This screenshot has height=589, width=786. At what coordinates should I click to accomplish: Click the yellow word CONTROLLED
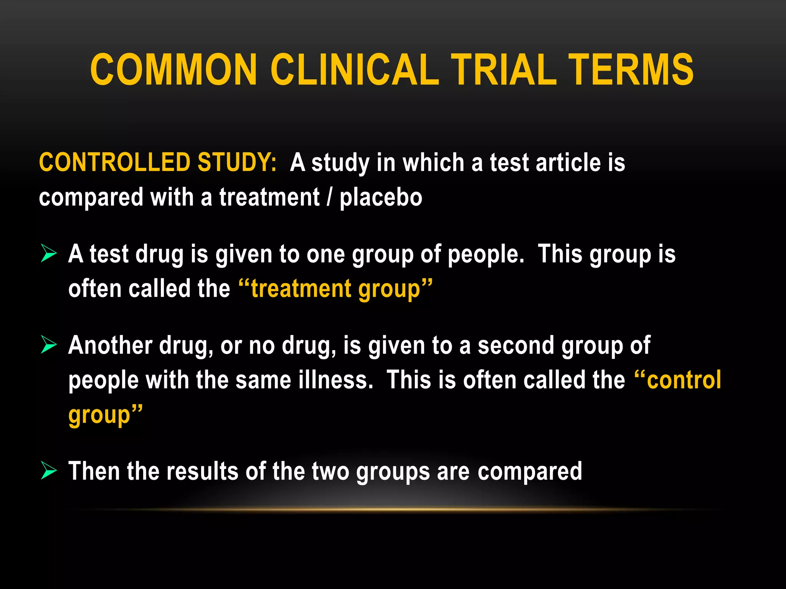pos(114,162)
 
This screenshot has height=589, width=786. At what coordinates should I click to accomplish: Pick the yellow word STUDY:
pos(237,162)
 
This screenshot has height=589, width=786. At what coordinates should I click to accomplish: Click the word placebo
pos(381,197)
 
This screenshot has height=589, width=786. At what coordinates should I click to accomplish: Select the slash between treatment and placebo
pos(329,197)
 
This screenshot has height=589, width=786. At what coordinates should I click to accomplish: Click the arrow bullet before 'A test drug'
pos(49,253)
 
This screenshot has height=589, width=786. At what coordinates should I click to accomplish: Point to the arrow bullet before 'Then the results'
pos(49,471)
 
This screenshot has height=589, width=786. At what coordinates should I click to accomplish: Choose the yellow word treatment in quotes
pos(301,288)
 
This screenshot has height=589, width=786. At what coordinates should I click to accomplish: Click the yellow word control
pos(684,380)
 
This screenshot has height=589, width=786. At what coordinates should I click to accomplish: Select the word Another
pos(110,345)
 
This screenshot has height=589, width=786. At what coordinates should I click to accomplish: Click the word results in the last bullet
pos(202,471)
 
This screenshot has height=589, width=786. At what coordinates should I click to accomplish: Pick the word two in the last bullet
pos(330,471)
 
